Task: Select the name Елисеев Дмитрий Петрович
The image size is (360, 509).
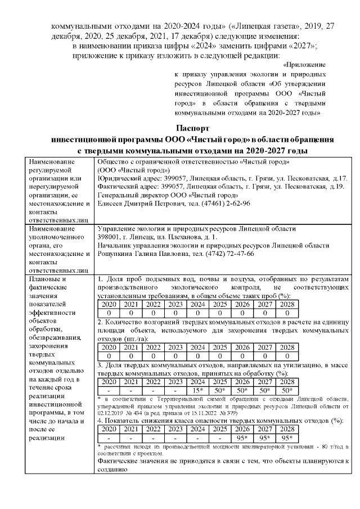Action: (x=140, y=203)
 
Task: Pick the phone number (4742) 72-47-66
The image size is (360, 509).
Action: (x=227, y=254)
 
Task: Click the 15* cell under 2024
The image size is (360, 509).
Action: (x=197, y=390)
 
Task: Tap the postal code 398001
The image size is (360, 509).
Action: (x=110, y=237)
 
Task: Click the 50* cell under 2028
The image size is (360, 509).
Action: (x=287, y=390)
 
